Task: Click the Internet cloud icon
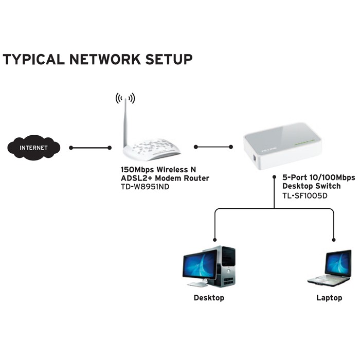33,148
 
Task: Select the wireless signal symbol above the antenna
125,98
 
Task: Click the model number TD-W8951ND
145,187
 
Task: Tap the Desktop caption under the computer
209,298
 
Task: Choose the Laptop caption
329,298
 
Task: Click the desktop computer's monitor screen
200,265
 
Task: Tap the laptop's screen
337,264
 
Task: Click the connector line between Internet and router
90,148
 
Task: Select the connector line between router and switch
213,147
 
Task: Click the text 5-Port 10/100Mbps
318,177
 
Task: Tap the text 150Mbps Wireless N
158,170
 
